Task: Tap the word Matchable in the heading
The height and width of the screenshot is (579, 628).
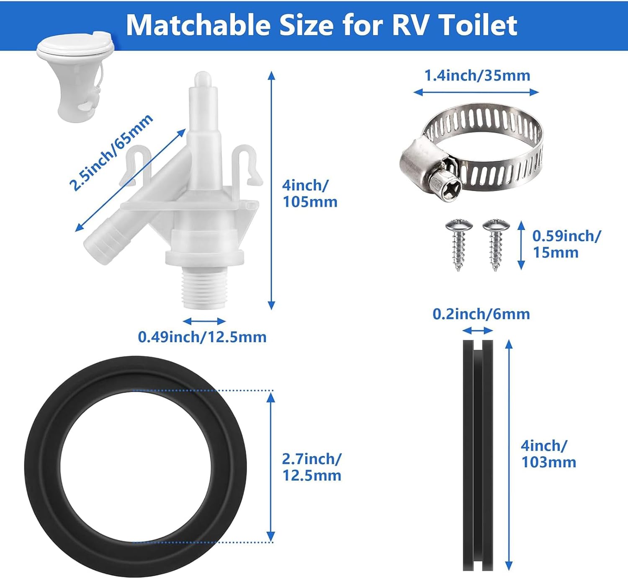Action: point(198,26)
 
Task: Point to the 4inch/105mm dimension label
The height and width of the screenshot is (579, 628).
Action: point(310,194)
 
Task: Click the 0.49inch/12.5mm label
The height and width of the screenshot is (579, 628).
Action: point(202,337)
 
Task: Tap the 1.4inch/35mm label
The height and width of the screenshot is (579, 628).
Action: point(477,75)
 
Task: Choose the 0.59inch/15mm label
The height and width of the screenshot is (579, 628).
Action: point(566,244)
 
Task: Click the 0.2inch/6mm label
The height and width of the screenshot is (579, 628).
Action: point(481,314)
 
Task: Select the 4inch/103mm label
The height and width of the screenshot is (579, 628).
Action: point(548,454)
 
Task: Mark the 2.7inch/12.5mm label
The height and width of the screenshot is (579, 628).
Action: point(311,467)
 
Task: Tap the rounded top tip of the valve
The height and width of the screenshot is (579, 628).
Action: point(203,78)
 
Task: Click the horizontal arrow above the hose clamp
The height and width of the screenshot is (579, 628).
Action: point(476,92)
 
